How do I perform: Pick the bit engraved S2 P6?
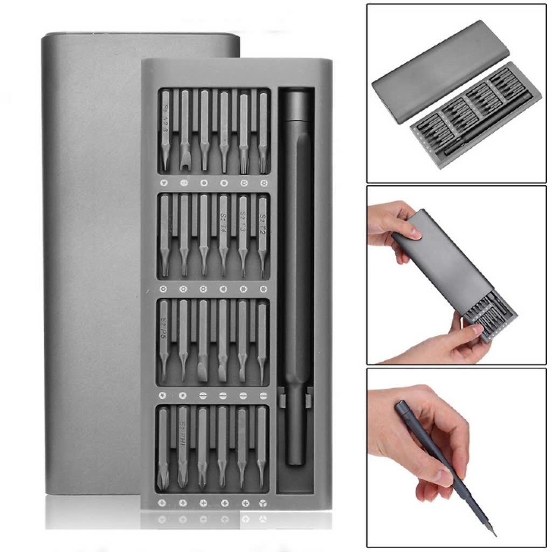(x=164, y=340)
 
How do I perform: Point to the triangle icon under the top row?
(x=164, y=183)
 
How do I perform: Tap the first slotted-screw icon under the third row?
(x=203, y=396)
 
